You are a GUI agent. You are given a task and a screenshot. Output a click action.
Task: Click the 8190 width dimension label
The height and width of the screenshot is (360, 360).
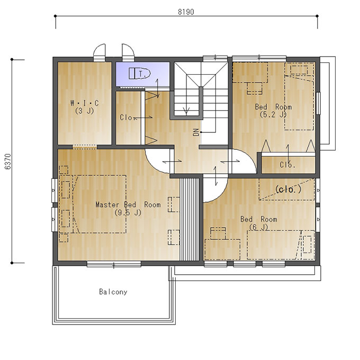186,12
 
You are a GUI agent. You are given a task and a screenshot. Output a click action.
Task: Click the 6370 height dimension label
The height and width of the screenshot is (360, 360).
8,161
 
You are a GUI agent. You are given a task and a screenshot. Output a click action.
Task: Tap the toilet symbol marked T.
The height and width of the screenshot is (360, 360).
139,74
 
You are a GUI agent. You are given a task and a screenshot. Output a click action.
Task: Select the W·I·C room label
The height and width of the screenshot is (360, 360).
85,103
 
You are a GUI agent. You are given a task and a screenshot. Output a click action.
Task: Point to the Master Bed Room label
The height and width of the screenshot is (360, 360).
128,204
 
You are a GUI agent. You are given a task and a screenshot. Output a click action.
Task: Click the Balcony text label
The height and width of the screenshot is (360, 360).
113,292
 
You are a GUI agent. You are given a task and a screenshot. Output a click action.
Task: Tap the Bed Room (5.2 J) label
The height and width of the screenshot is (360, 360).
273,111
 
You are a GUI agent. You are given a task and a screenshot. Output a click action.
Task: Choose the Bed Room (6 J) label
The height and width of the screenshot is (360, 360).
258,223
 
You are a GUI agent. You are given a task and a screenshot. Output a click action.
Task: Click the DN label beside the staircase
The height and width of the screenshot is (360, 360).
196,132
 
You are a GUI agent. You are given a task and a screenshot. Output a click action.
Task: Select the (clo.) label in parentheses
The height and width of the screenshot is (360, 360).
288,189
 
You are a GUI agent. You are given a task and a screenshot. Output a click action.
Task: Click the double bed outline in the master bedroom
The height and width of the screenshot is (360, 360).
99,204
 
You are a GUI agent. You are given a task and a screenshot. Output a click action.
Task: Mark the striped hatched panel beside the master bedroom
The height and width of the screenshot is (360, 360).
190,219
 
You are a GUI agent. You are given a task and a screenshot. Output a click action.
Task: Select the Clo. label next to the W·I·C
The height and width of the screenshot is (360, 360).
126,118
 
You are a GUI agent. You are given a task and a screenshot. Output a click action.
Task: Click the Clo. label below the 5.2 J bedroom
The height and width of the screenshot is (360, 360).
287,165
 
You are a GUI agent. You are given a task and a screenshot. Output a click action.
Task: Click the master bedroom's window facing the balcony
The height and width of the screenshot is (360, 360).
114,264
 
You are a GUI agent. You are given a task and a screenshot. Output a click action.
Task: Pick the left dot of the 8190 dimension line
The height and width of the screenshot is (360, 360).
55,16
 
